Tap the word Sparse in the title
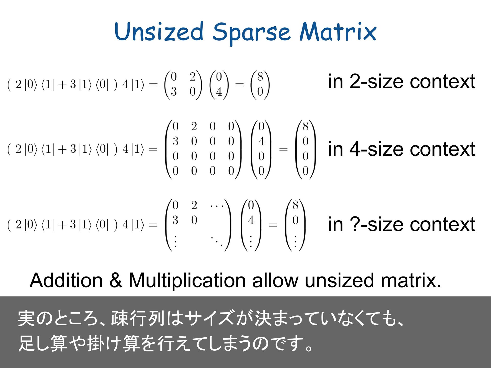tap(252, 33)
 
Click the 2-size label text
tap(401, 81)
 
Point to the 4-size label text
tap(401, 149)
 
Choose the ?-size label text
tap(401, 224)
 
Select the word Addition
tap(66, 280)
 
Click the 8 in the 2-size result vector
tap(260, 77)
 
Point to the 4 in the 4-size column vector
tap(261, 141)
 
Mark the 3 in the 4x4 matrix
tap(175, 141)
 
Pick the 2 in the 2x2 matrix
tap(193, 77)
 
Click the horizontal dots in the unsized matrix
tap(217, 205)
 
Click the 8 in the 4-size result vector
tap(305, 126)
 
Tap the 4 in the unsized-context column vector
tap(251, 220)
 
